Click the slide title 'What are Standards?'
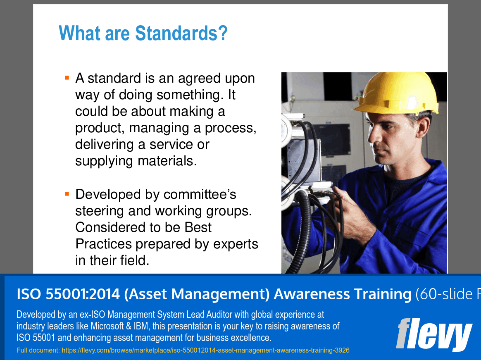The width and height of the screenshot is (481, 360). click(x=143, y=33)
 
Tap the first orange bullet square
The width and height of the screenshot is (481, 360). click(x=67, y=77)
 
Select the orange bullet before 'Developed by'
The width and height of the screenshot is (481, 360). click(x=67, y=193)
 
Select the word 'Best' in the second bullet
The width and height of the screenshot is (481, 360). click(x=198, y=227)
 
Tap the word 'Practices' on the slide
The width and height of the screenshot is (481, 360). click(x=104, y=244)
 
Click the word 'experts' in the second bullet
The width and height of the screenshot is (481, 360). click(x=236, y=244)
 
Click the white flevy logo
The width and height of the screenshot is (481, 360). click(x=433, y=334)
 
